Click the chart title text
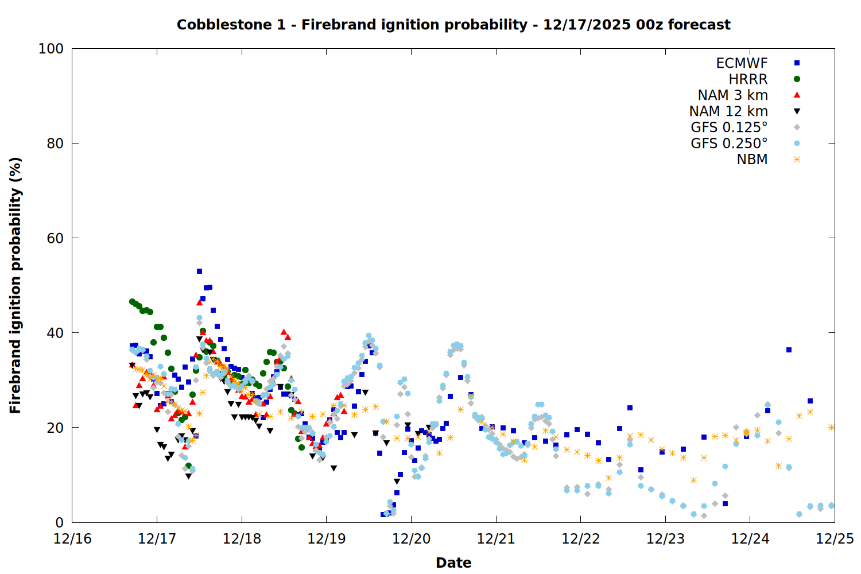click(x=453, y=25)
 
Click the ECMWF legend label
click(x=742, y=63)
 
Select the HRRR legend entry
click(x=748, y=79)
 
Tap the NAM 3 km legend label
click(x=732, y=95)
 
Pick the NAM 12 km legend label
click(x=728, y=111)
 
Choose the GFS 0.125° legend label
click(x=729, y=127)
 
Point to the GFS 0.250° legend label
click(x=729, y=143)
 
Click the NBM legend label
click(x=752, y=160)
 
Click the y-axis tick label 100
click(x=51, y=49)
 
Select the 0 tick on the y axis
click(x=59, y=522)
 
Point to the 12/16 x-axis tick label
click(x=72, y=539)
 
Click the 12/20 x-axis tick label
click(x=411, y=539)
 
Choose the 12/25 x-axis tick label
click(x=835, y=539)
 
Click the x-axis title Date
click(x=453, y=563)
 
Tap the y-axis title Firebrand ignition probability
click(x=15, y=285)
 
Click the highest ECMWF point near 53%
click(x=199, y=271)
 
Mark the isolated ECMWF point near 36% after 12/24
click(x=789, y=350)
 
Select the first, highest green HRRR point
click(x=132, y=301)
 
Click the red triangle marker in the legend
click(x=797, y=95)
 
